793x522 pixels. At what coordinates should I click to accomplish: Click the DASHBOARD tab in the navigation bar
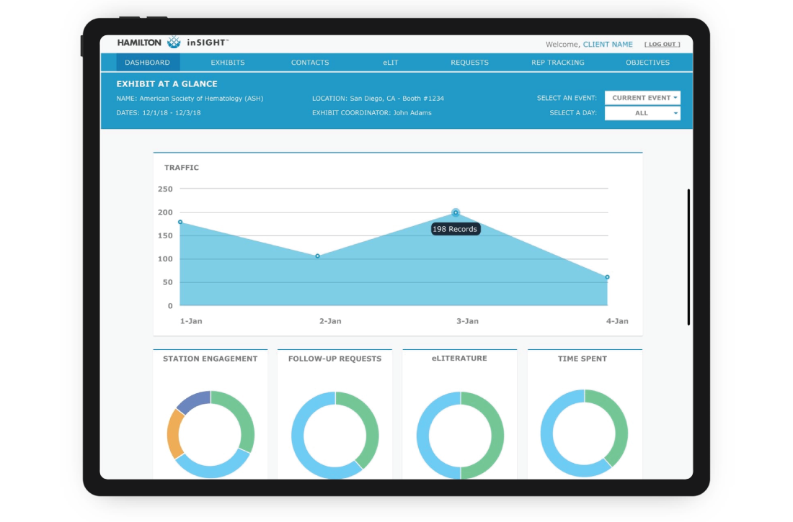(147, 63)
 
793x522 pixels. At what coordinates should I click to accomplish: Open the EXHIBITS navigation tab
(228, 63)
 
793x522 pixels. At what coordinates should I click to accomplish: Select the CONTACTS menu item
(310, 63)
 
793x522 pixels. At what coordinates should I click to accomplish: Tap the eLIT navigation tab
(391, 63)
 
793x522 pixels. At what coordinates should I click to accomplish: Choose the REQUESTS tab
(469, 63)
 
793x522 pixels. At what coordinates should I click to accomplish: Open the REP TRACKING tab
(558, 63)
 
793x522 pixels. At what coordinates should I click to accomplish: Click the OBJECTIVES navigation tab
(647, 63)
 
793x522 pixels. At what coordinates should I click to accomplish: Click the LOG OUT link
(662, 45)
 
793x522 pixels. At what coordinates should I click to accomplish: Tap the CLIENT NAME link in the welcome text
(608, 45)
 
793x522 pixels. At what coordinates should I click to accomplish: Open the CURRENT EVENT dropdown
(642, 98)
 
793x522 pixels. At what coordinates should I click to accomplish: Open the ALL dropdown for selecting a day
(642, 113)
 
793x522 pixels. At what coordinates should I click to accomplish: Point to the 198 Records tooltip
(455, 229)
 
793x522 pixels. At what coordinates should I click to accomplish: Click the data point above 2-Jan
(317, 256)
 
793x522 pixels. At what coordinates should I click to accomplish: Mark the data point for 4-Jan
(607, 277)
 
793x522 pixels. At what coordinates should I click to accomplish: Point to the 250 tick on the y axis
(165, 189)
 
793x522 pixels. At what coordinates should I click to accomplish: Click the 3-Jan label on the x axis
(467, 321)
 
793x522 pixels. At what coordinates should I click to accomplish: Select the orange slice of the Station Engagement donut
(173, 434)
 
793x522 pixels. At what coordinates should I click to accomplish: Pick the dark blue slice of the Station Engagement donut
(192, 400)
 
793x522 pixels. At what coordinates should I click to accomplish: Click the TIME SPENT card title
(582, 359)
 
